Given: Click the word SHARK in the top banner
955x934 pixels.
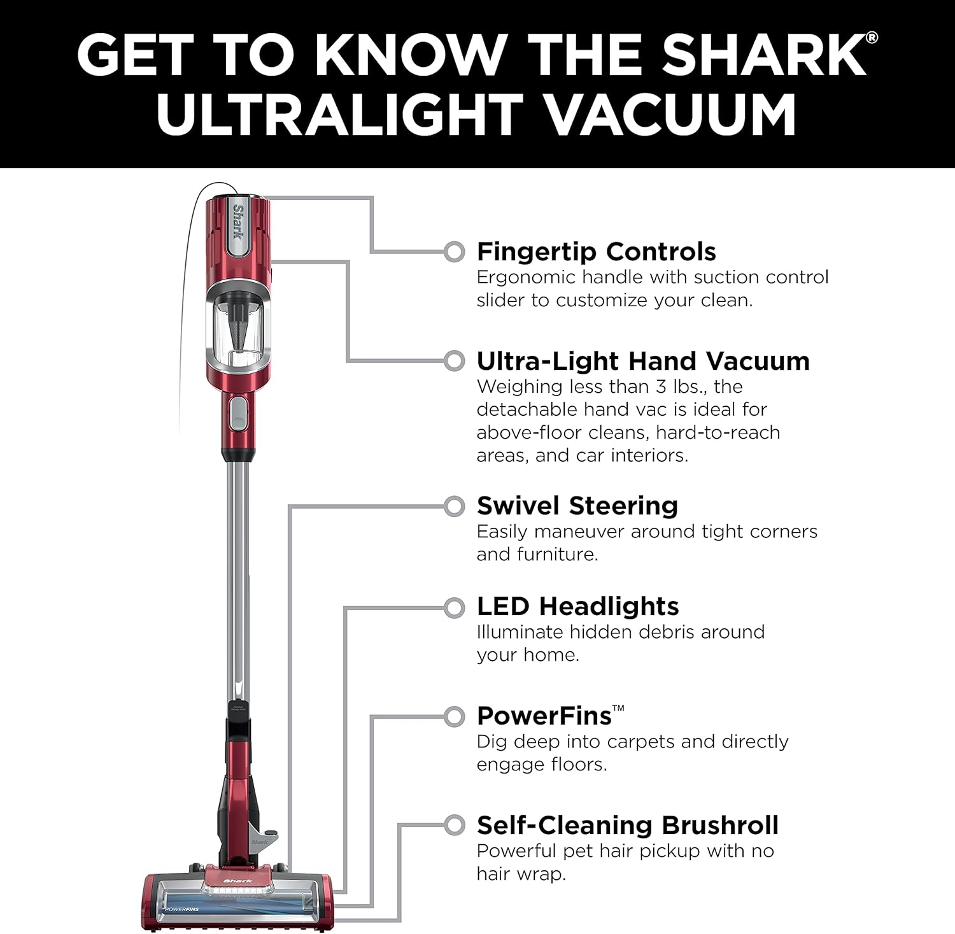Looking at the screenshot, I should tap(761, 55).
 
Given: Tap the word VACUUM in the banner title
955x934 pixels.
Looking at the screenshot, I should tap(672, 115).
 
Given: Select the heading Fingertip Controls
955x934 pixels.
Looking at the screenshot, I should tap(596, 251).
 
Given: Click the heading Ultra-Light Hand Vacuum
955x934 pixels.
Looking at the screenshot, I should tap(643, 361).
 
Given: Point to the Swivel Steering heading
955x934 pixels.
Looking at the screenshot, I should tap(577, 506).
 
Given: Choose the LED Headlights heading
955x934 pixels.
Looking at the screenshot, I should tap(577, 606).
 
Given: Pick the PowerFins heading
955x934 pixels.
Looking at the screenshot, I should tap(544, 716).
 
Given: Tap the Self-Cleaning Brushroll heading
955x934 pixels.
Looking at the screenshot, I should tap(627, 825).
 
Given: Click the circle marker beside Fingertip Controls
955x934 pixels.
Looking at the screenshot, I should tap(454, 252).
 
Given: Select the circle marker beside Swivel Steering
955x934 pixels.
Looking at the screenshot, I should tap(454, 507).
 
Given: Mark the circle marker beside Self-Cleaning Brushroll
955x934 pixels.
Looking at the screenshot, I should tap(454, 826).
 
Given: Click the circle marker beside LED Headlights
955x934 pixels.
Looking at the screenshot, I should tap(454, 608).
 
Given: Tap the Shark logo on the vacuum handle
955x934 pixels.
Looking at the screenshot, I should tap(238, 221).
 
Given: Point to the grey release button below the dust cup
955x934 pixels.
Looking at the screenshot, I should tap(238, 412).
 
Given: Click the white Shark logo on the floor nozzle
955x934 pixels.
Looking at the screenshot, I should tap(237, 881).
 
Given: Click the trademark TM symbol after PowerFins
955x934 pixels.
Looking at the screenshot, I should tap(618, 708).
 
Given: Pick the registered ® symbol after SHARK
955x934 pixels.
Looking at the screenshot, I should tap(872, 38).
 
